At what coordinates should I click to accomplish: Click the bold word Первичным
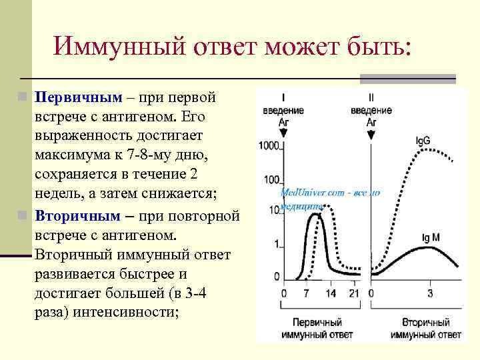[x=79, y=98]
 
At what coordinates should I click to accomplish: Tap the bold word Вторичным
[x=78, y=217]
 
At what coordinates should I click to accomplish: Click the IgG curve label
[x=423, y=141]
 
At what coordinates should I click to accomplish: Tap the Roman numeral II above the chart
[x=371, y=96]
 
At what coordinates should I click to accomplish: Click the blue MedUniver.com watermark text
[x=330, y=193]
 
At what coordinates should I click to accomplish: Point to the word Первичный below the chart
[x=317, y=322]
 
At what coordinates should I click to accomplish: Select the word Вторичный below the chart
[x=425, y=322]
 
